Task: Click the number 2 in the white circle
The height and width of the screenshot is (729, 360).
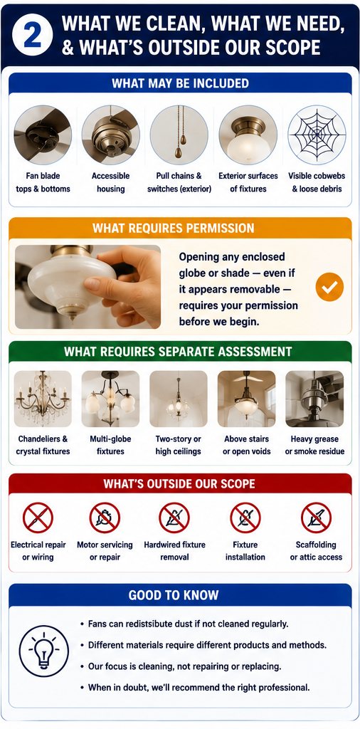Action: click(33, 36)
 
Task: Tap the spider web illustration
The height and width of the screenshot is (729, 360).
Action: click(317, 135)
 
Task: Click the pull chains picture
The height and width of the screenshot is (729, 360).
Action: click(179, 135)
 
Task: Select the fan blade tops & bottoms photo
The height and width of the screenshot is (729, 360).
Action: click(43, 135)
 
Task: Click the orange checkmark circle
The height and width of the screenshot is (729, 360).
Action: click(330, 287)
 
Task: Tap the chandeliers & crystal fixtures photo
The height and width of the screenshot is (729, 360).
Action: click(43, 399)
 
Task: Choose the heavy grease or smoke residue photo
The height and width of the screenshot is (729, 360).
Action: click(314, 399)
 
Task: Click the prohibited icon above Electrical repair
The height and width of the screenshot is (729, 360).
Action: click(38, 518)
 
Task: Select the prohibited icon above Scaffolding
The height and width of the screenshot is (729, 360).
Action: click(317, 518)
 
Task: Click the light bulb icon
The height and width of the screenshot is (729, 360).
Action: click(43, 657)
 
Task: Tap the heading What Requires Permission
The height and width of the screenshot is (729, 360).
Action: click(174, 229)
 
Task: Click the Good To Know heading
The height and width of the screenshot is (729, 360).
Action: click(174, 595)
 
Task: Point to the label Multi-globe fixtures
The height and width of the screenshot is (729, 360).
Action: click(110, 445)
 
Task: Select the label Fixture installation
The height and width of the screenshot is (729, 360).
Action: click(245, 550)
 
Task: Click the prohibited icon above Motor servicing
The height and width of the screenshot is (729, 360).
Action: click(105, 518)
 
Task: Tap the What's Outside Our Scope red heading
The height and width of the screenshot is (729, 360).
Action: click(179, 483)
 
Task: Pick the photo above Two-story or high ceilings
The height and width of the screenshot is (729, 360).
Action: click(179, 399)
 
